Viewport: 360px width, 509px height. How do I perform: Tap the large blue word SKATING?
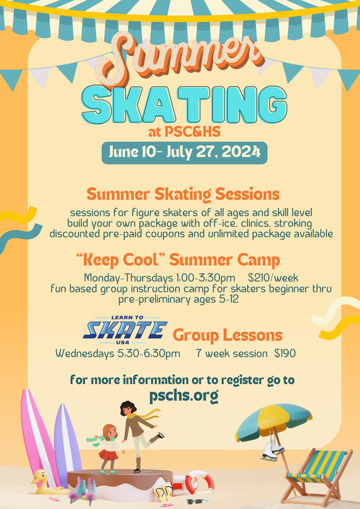[x=184, y=105]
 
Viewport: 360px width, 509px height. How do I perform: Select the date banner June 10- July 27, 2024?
[x=184, y=152]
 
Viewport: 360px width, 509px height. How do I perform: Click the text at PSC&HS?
[x=184, y=132]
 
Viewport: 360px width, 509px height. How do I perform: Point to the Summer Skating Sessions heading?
[x=183, y=195]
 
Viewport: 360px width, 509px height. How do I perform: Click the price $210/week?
[x=273, y=278]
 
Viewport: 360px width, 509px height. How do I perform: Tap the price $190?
[x=285, y=353]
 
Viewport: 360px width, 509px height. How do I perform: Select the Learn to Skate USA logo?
[x=125, y=330]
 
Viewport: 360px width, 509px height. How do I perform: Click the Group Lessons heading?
[x=228, y=335]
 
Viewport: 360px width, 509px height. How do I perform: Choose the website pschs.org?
[x=184, y=396]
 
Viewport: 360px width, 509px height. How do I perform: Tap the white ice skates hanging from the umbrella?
[x=272, y=450]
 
